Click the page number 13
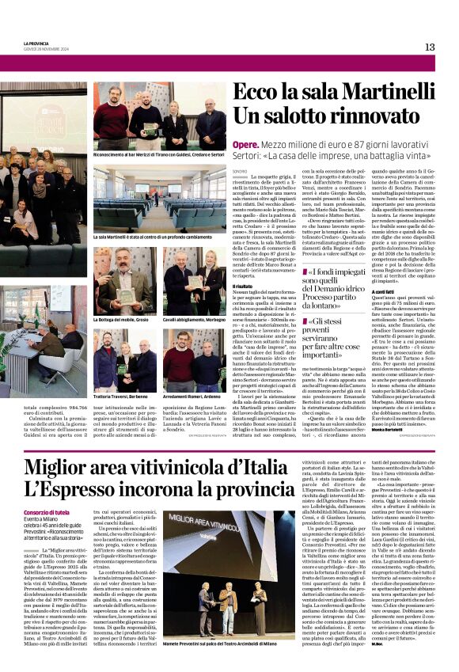tap(430, 47)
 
